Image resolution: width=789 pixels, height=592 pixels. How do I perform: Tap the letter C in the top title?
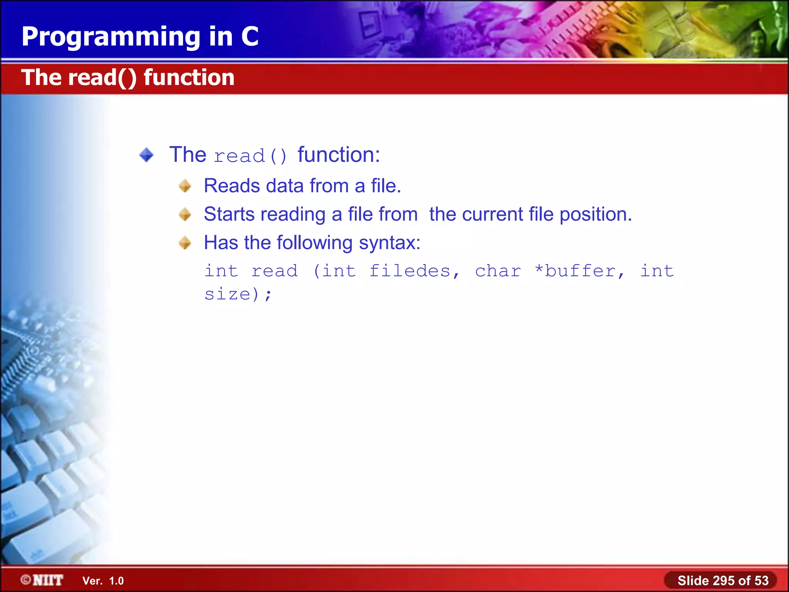pos(250,37)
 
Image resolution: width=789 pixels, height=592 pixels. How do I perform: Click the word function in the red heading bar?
pos(189,77)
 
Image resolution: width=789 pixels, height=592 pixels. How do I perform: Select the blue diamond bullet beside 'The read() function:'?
pos(146,155)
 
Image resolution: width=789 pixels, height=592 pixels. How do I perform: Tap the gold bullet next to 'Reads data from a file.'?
pos(185,186)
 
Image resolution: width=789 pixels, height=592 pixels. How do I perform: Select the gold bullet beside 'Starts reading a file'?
pos(185,214)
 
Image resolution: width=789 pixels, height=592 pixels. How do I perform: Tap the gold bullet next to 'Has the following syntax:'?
pos(185,243)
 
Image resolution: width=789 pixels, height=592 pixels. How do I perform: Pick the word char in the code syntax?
pos(498,271)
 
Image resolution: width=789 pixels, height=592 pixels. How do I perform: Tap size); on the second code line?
pos(238,294)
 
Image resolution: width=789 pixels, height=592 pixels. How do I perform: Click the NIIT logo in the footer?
pos(42,580)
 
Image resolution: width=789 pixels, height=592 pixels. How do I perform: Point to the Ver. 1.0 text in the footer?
pos(103,581)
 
